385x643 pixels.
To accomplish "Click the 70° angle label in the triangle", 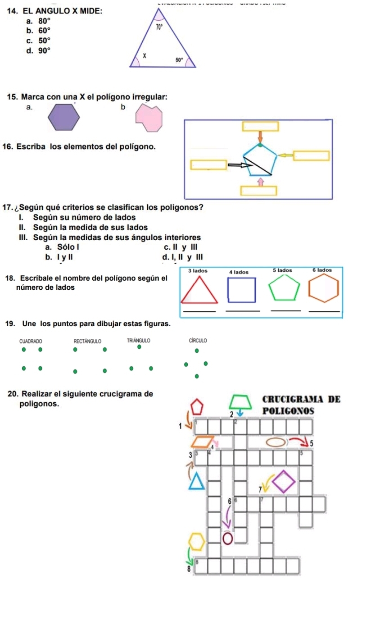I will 158,28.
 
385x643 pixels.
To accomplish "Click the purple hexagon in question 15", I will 64,117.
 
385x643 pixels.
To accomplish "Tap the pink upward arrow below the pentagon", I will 259,181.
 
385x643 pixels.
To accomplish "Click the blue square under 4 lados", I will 242,289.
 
